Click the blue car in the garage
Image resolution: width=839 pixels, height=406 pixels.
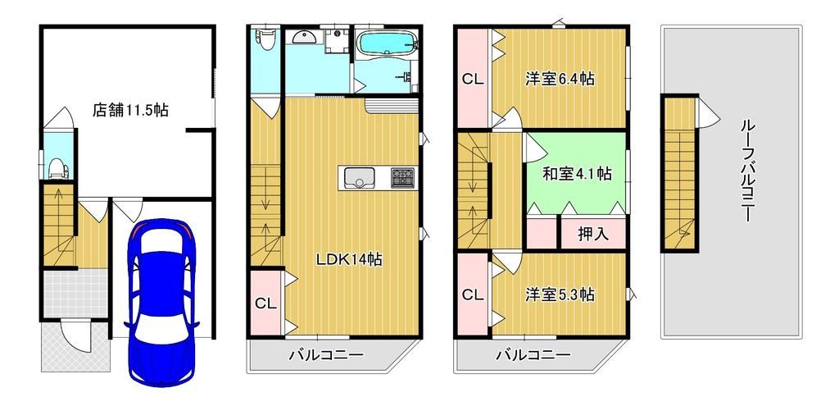pos(162,301)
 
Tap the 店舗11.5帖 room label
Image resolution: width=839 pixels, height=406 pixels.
pos(130,110)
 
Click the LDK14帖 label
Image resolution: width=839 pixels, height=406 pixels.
pos(350,259)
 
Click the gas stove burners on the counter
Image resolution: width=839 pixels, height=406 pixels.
pos(401,177)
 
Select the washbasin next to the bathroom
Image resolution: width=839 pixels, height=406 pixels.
pos(304,37)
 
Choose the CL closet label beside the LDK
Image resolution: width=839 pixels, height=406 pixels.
pos(265,303)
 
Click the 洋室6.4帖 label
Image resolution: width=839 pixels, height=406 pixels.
pos(560,79)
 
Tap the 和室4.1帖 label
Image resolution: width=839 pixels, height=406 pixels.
pos(577,173)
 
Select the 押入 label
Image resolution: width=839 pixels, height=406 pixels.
pos(593,234)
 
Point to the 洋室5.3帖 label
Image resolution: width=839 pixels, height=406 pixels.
pos(560,294)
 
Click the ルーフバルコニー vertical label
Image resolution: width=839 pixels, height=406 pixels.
pos(746,173)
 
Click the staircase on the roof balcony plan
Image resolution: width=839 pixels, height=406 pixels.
pos(678,172)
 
